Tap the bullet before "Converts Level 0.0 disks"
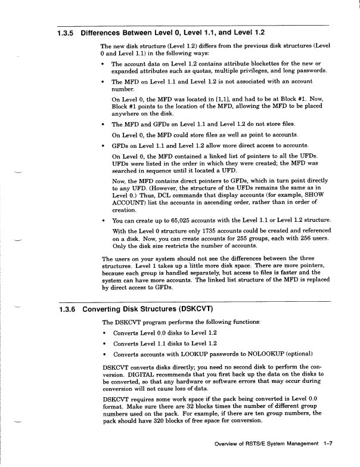pyautogui.click(x=105, y=333)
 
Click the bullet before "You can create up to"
pyautogui.click(x=105, y=222)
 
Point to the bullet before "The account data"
pyautogui.click(x=105, y=64)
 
